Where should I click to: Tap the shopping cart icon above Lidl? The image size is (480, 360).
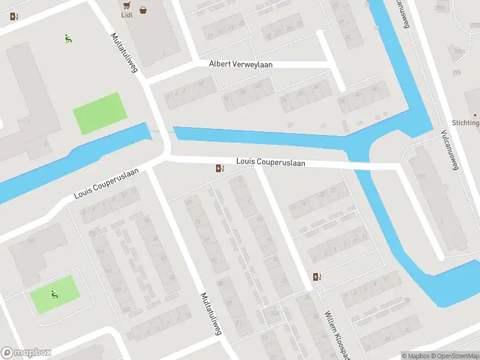click(126, 5)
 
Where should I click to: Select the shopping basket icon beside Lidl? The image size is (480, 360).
click(143, 10)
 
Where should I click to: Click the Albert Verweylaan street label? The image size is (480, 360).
click(240, 64)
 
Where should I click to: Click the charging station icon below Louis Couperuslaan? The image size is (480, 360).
click(220, 169)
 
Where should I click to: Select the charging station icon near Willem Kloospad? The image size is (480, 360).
click(317, 277)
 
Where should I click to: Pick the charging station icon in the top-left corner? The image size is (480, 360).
click(14, 16)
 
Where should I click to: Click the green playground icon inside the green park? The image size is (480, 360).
click(55, 294)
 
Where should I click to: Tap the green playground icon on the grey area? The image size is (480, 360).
click(68, 40)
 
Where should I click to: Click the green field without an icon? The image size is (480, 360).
click(100, 113)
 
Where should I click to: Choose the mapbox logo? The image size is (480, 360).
click(26, 353)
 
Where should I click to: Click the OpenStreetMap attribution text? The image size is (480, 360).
click(455, 356)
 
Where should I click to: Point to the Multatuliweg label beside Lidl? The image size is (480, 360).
click(124, 52)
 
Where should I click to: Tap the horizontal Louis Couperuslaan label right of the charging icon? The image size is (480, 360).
click(271, 162)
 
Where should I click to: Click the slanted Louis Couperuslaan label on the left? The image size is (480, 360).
click(106, 184)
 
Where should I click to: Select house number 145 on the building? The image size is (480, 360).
click(29, 241)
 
